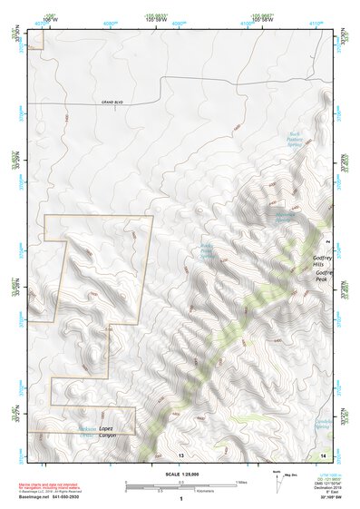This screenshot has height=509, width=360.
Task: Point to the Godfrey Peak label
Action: (x=326, y=276)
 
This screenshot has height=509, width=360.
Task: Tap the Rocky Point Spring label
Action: (x=208, y=250)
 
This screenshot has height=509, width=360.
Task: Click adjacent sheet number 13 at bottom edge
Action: (x=181, y=454)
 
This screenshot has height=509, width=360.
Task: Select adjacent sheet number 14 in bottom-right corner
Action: (x=324, y=454)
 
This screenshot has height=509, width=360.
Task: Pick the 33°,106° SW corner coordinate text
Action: (x=320, y=498)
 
